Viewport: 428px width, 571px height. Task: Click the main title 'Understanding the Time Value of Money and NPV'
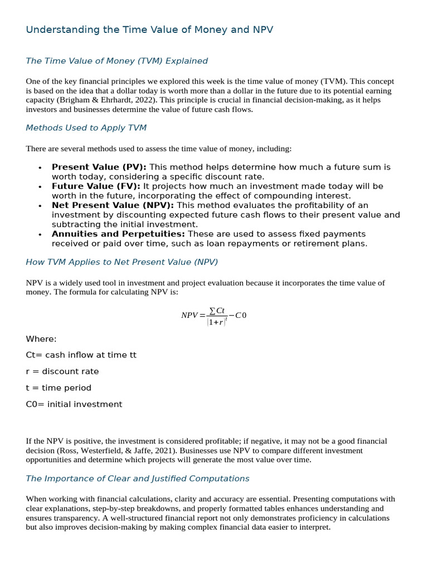pos(149,30)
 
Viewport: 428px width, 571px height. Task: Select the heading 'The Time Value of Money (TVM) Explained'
pos(116,61)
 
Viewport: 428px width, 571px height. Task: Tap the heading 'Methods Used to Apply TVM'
pos(86,128)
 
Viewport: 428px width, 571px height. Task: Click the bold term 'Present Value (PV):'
pos(99,167)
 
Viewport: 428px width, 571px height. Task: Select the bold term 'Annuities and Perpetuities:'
pos(118,234)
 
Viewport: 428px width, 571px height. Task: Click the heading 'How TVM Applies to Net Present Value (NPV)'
pos(121,262)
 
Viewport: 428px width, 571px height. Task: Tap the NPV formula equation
pos(213,315)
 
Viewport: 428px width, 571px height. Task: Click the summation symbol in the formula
pos(212,310)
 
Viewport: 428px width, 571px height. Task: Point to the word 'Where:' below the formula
pos(41,339)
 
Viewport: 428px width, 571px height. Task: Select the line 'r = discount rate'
pos(62,371)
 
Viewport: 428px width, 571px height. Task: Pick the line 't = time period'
pos(59,388)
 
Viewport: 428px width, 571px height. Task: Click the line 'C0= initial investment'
pos(74,404)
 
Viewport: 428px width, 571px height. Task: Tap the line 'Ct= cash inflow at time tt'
pos(81,355)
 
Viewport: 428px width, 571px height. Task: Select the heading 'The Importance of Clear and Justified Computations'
pos(138,478)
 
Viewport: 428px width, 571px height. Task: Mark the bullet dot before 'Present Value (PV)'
pos(40,167)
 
